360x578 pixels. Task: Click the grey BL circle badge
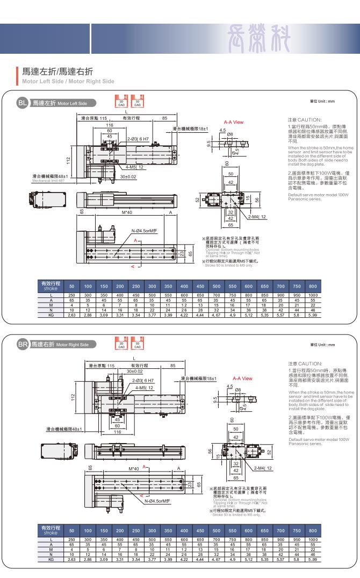(23, 102)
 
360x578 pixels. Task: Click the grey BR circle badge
(23, 344)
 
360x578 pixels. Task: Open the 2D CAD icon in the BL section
(121, 101)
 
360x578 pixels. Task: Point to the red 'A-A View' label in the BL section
(234, 122)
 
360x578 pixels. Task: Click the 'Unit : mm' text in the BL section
(322, 102)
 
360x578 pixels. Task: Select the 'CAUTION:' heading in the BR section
(305, 363)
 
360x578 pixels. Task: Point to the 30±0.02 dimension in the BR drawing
(135, 371)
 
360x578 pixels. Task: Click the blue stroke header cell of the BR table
(51, 530)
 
